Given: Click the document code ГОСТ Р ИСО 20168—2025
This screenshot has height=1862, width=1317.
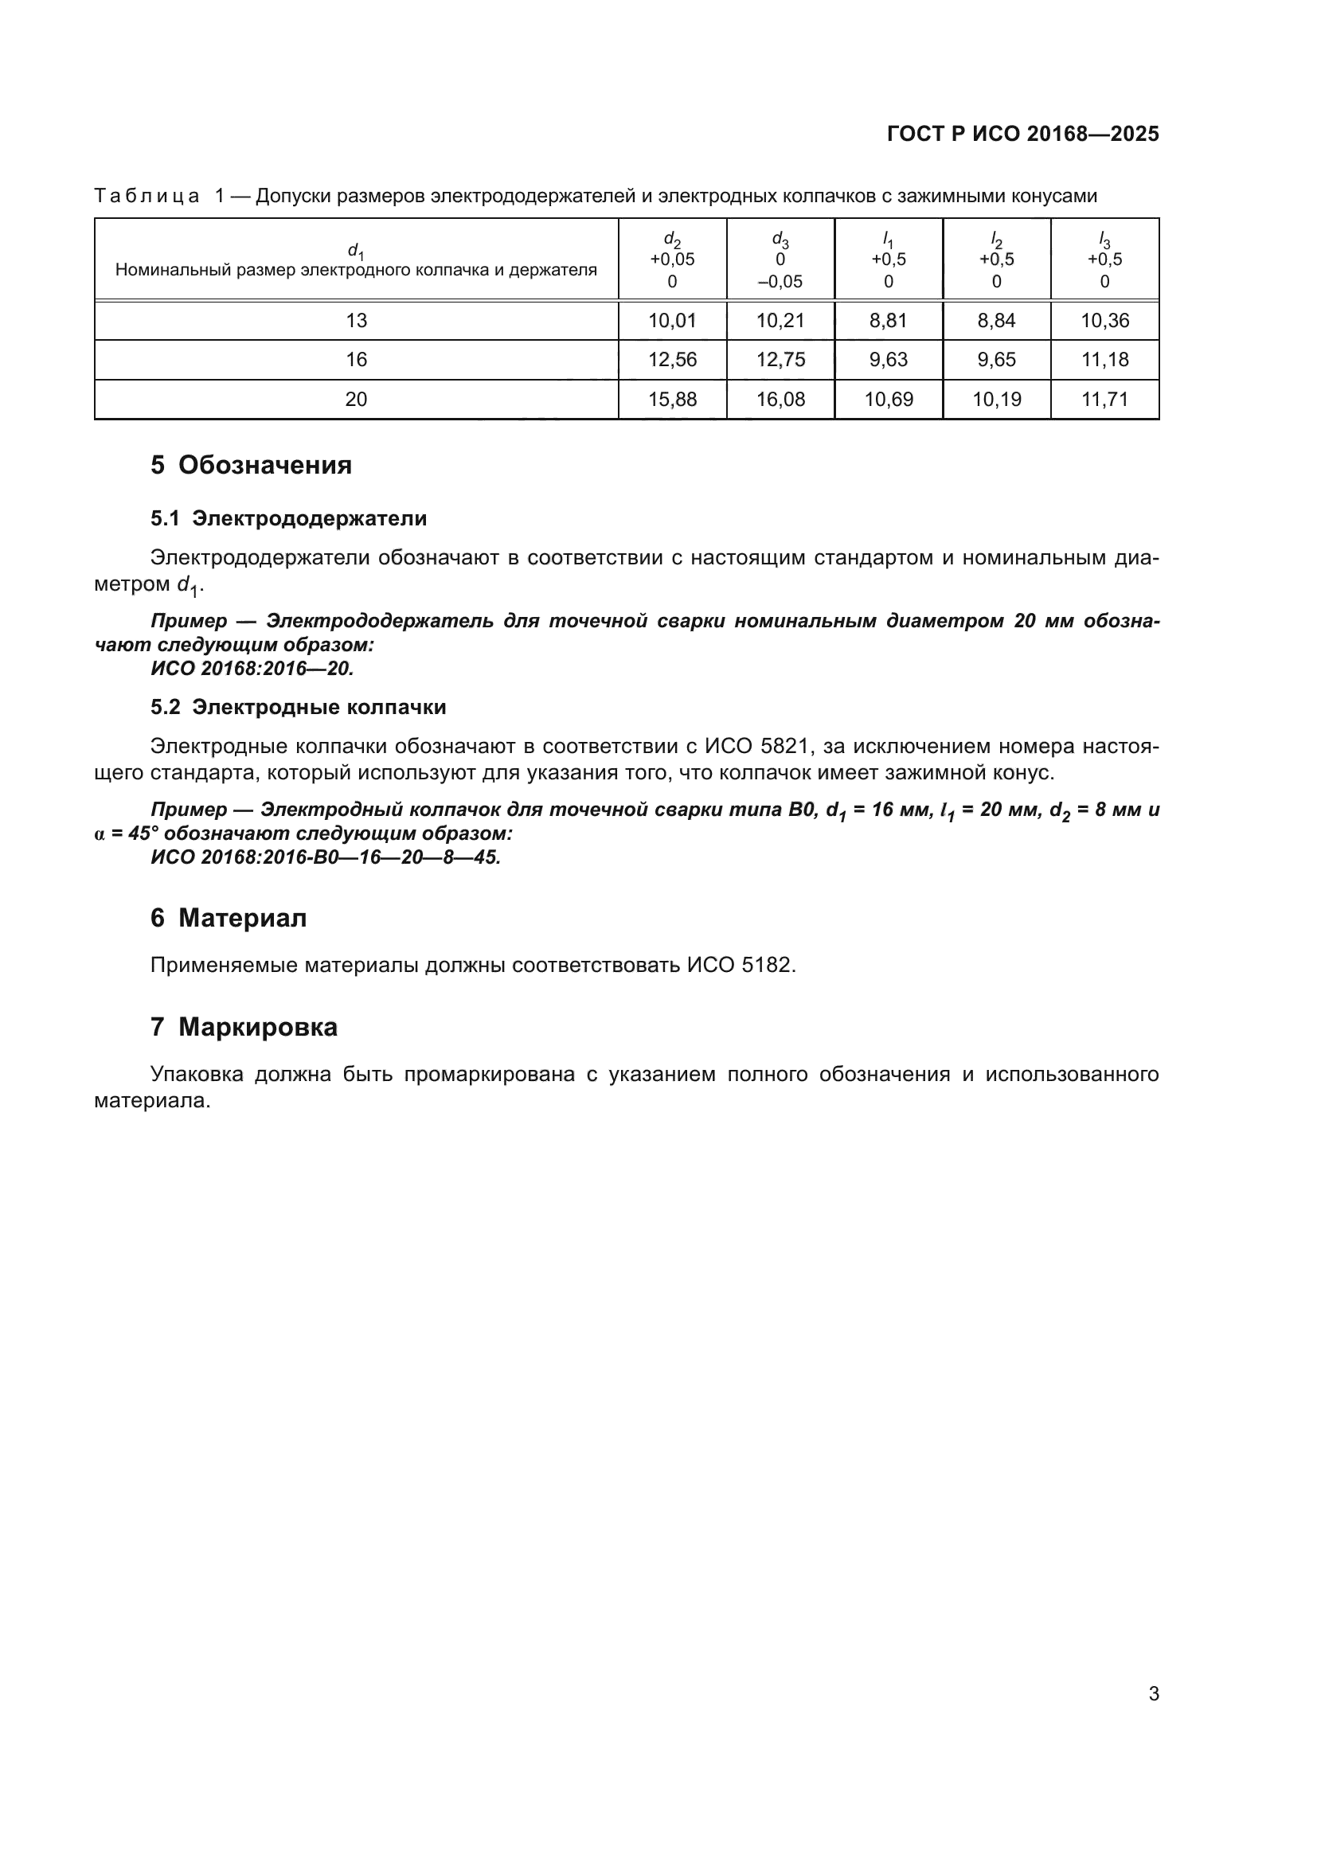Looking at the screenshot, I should point(1022,134).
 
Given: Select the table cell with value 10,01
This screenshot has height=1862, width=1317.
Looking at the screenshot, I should point(671,320).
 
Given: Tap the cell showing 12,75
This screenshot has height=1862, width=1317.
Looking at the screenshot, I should point(780,359).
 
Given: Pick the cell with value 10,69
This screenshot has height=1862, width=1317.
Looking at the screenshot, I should point(888,399).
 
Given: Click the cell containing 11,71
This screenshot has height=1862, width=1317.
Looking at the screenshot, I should point(1104,399).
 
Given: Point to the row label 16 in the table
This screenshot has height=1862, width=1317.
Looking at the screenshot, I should point(356,359).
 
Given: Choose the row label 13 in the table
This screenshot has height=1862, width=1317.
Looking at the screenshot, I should point(356,320).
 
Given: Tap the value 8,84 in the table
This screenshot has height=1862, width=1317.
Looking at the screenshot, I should point(996,320).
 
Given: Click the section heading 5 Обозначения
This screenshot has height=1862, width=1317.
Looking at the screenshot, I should point(251,466).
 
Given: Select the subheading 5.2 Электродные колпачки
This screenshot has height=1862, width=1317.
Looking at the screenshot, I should point(298,707).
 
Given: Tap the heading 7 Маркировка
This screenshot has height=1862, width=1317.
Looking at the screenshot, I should point(244,1028).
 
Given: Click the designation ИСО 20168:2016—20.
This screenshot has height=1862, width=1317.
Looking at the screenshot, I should point(252,669).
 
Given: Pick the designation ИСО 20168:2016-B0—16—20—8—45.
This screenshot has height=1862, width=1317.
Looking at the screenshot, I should point(325,857).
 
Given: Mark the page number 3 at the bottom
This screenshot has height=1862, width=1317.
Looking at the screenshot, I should point(1153,1694).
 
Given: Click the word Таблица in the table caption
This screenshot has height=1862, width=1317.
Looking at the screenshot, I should point(147,197).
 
